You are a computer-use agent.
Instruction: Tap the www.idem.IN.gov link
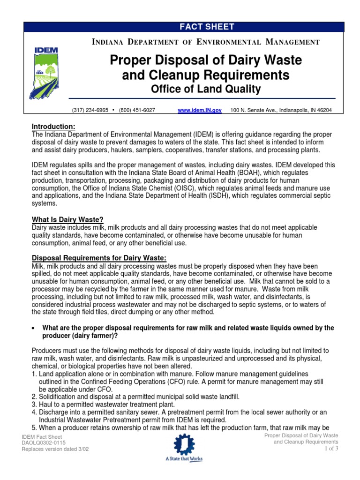point(200,110)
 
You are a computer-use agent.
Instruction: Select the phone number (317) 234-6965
point(90,110)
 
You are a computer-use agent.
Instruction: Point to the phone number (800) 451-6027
point(137,110)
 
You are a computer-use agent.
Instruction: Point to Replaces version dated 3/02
point(55,449)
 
